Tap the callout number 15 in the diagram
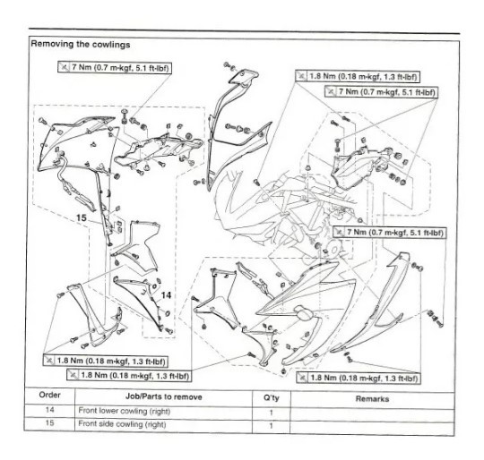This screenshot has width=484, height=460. [82, 217]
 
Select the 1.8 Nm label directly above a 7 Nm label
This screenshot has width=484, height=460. [367, 78]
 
